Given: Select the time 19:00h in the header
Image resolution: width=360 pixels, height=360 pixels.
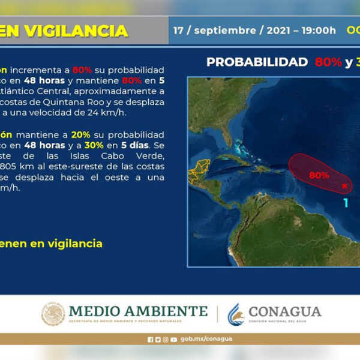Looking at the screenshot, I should pyautogui.click(x=315, y=30).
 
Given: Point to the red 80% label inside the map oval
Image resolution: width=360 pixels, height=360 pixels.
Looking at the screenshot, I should pyautogui.click(x=319, y=175).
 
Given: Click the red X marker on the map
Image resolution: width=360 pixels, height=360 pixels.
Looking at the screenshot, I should pyautogui.click(x=344, y=186).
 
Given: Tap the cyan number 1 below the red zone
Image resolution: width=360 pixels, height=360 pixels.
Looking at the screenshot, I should pyautogui.click(x=346, y=203).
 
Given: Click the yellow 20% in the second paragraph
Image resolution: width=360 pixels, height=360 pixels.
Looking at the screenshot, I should pyautogui.click(x=80, y=134).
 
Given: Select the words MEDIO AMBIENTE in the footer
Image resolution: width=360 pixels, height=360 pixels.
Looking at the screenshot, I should pyautogui.click(x=138, y=311).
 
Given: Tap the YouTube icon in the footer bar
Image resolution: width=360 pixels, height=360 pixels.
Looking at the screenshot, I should pyautogui.click(x=173, y=339).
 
